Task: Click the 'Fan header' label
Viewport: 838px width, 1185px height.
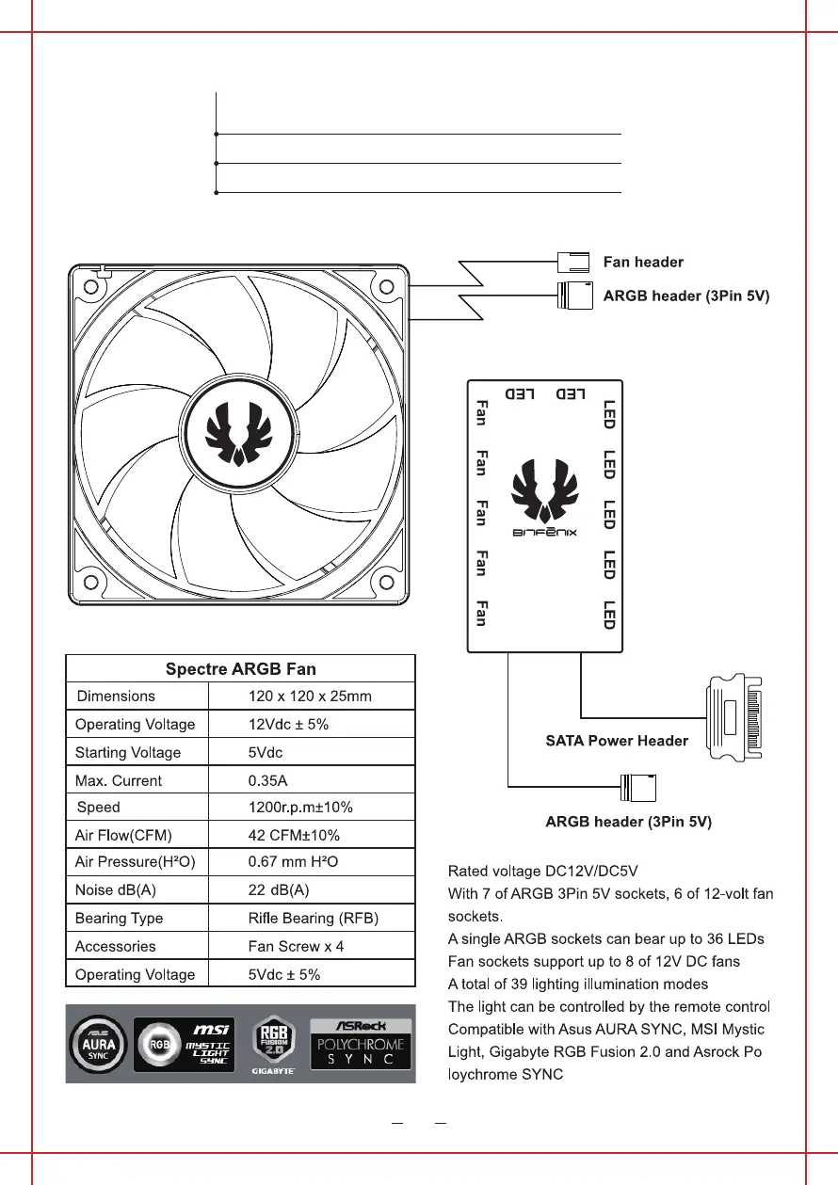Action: tap(643, 262)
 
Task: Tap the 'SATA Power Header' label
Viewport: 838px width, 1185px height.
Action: tap(617, 741)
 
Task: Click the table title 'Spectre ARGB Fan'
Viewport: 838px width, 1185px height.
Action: tap(240, 669)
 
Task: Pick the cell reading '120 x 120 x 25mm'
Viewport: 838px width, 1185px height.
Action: tap(310, 697)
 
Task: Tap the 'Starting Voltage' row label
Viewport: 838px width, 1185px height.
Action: tap(128, 752)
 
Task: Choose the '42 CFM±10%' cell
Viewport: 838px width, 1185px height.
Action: tap(294, 835)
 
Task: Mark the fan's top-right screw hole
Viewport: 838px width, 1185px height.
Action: tap(385, 286)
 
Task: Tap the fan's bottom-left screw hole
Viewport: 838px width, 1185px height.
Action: tap(92, 581)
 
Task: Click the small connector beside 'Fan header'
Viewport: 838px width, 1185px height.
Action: tap(572, 262)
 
